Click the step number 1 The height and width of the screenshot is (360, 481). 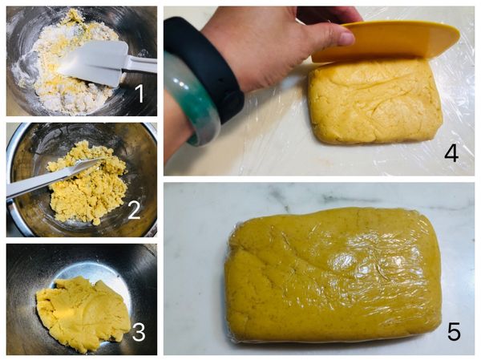[139, 94]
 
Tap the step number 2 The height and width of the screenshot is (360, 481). [134, 209]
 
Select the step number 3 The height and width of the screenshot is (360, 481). [139, 331]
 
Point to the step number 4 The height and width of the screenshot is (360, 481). [451, 152]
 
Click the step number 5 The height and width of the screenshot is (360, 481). [454, 330]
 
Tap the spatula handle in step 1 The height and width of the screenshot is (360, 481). [141, 64]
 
